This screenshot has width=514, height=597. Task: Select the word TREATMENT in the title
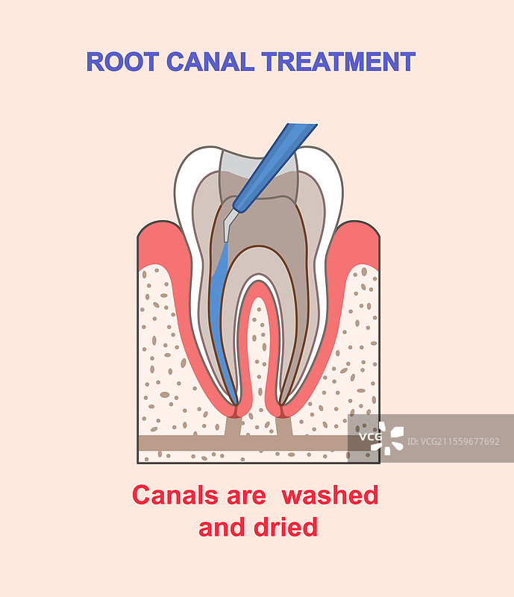click(338, 61)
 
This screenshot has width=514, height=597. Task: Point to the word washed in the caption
click(330, 495)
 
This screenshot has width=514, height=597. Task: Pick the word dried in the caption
click(288, 528)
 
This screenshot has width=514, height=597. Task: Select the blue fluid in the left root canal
click(218, 298)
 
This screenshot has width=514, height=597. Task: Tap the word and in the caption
click(220, 528)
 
